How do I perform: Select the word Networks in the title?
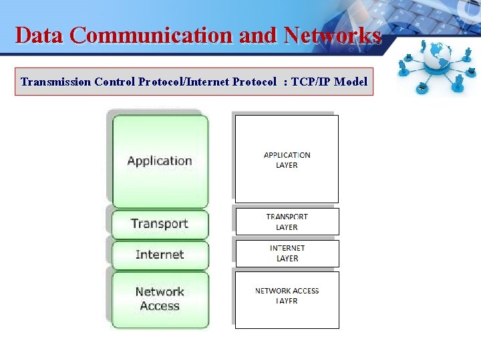point(332,35)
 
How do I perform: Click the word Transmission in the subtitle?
point(56,82)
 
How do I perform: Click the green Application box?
point(160,160)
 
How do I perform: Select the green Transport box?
point(160,224)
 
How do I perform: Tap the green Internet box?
point(160,255)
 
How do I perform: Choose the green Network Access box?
point(160,299)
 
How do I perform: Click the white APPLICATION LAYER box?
point(287,159)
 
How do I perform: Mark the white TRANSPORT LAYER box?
point(287,222)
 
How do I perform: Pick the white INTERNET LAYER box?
point(287,253)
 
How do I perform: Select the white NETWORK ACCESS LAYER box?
point(287,299)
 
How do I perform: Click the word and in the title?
point(257,35)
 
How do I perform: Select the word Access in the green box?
point(160,306)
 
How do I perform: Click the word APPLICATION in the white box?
point(287,155)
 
